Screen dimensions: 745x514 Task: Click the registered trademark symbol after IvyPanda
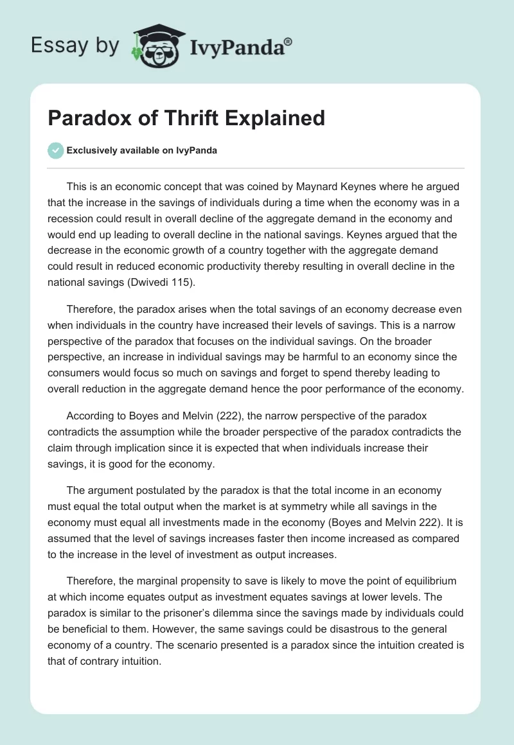pos(288,42)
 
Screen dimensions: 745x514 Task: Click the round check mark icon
pos(55,151)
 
